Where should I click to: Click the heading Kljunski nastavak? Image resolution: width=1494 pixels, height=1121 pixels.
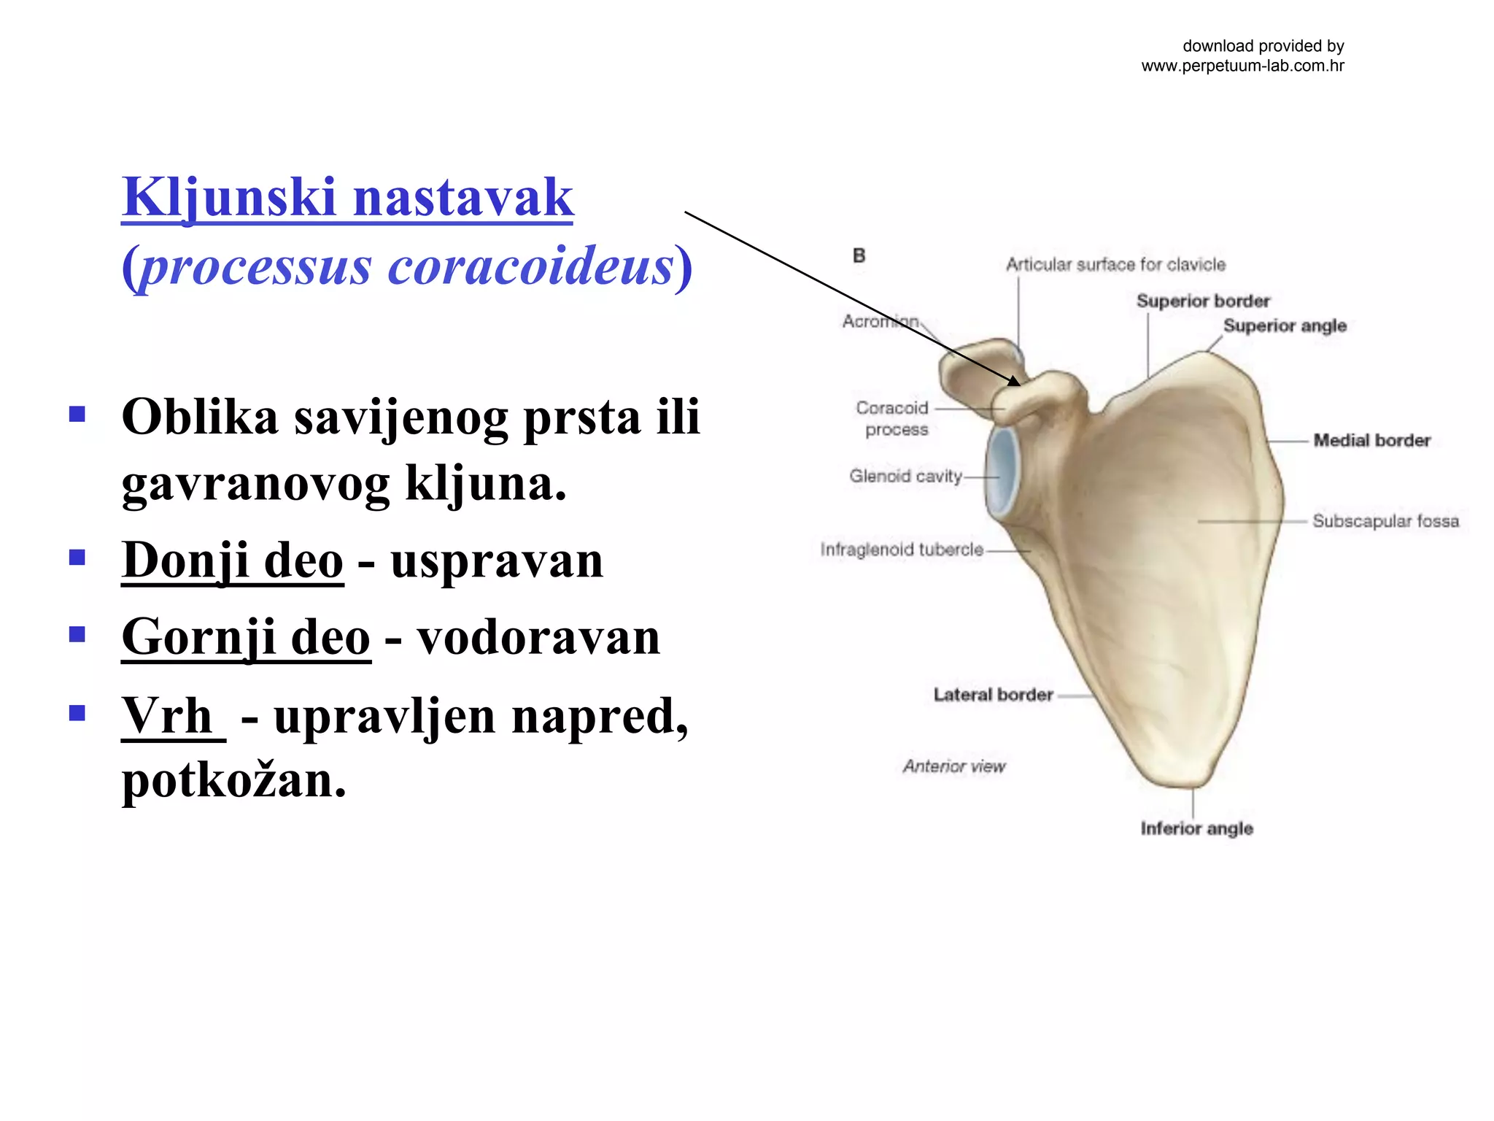click(347, 198)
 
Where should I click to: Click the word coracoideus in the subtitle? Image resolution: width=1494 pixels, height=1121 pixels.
click(530, 266)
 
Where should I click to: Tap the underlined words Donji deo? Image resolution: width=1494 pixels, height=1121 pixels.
click(232, 560)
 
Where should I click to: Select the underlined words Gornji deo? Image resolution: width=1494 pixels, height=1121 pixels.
click(246, 637)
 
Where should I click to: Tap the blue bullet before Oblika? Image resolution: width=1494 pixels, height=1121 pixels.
click(77, 415)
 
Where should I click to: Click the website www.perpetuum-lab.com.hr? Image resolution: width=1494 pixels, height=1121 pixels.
click(1242, 66)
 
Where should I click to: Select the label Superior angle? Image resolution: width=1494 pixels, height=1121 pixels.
click(1285, 325)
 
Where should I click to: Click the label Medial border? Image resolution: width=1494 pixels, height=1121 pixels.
click(1371, 440)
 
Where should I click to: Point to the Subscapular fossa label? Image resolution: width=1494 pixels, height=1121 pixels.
click(1385, 521)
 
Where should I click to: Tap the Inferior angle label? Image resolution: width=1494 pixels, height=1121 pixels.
click(1196, 828)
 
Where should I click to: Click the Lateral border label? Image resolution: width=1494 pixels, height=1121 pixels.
click(993, 695)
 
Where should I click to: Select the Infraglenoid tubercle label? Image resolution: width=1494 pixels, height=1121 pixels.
click(902, 550)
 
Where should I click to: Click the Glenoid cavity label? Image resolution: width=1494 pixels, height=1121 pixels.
click(905, 476)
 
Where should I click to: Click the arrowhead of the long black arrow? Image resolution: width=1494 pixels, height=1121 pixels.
click(1015, 380)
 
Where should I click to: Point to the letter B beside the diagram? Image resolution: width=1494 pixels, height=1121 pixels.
click(859, 255)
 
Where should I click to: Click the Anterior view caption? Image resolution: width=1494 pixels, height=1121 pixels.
click(953, 766)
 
